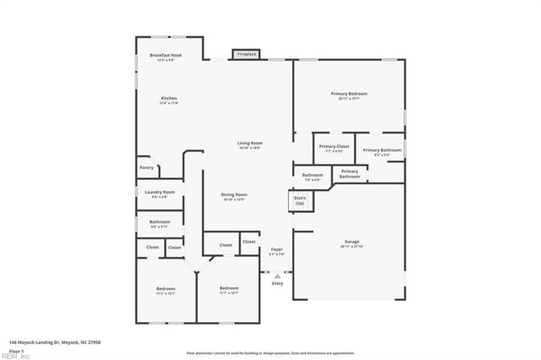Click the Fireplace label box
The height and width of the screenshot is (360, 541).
pos(246,54)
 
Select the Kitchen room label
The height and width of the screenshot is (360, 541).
pos(169,100)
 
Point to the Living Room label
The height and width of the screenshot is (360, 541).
pos(249,145)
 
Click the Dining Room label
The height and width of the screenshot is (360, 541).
pos(233,196)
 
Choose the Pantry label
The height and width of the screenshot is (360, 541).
pos(146,167)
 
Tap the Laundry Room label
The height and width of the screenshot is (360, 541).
pos(160,194)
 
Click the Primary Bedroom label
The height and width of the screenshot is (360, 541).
pos(349,95)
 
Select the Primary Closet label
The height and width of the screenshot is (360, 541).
pos(334,148)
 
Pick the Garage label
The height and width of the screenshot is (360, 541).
pos(350,243)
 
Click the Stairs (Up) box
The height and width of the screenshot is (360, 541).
pos(299,201)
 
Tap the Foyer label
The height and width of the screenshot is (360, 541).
pos(276,251)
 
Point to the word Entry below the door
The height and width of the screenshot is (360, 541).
pos(277,283)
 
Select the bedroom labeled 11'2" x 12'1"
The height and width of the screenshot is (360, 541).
pos(165,291)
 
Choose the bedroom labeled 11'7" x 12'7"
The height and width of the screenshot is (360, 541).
pos(229,290)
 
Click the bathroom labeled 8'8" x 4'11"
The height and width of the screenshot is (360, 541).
pos(160,224)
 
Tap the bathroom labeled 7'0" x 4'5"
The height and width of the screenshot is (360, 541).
pos(312,177)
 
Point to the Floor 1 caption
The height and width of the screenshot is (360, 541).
pos(17,350)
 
